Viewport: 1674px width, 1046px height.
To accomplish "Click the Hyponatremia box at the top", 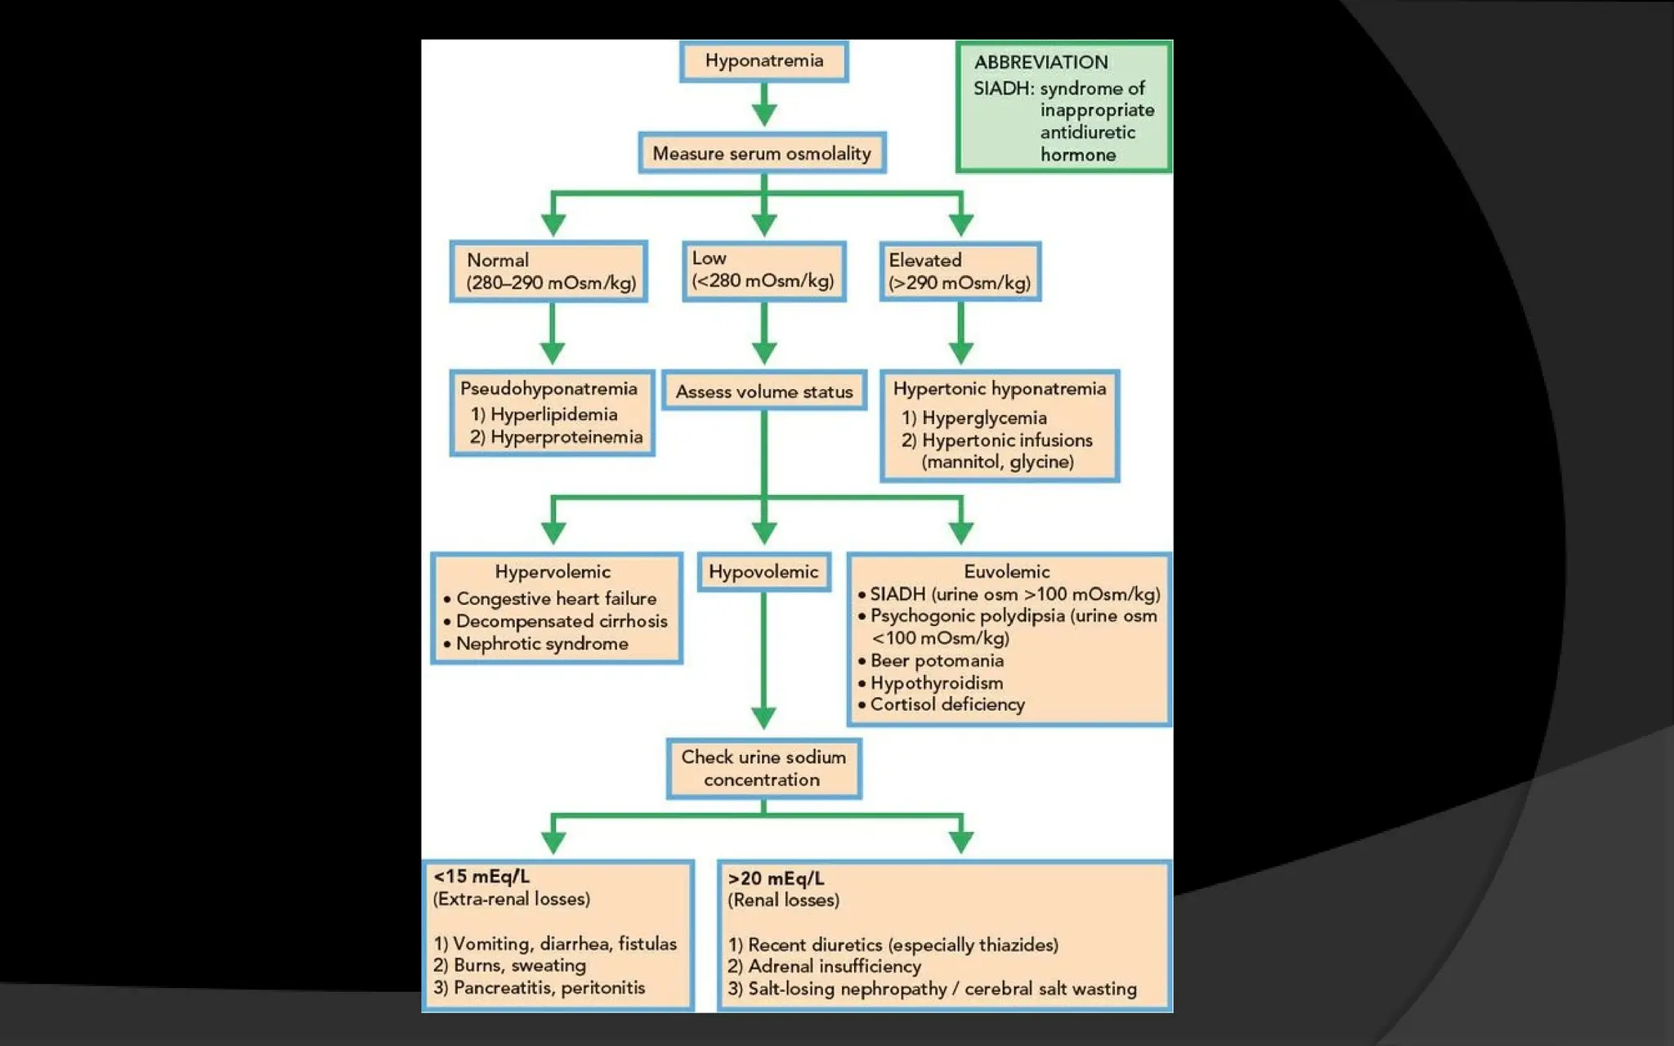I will click(x=763, y=61).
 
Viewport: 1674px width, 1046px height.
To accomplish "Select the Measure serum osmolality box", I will click(x=762, y=154).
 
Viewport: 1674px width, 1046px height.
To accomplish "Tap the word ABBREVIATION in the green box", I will click(x=1041, y=62).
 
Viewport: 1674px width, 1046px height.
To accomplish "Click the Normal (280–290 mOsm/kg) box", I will click(x=549, y=271).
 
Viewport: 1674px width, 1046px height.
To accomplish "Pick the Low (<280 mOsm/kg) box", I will click(x=763, y=270).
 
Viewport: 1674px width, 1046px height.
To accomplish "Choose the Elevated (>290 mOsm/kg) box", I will click(x=960, y=271).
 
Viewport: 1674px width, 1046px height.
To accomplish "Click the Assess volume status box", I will click(x=763, y=391).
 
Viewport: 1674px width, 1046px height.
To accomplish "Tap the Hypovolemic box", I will click(x=763, y=572).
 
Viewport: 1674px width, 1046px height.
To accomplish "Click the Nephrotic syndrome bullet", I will click(x=541, y=644).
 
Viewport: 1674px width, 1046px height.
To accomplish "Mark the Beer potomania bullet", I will click(x=936, y=660).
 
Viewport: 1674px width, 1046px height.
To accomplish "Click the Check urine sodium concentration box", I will click(x=763, y=768).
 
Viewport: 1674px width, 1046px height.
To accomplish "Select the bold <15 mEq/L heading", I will click(x=481, y=877).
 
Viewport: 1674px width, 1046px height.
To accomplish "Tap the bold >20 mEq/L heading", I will click(x=776, y=878).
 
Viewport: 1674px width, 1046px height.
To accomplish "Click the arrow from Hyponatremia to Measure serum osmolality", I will click(x=763, y=105).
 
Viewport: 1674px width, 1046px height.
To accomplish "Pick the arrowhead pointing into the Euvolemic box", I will click(x=961, y=532).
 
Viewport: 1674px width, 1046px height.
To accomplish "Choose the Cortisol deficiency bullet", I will click(x=947, y=704).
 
